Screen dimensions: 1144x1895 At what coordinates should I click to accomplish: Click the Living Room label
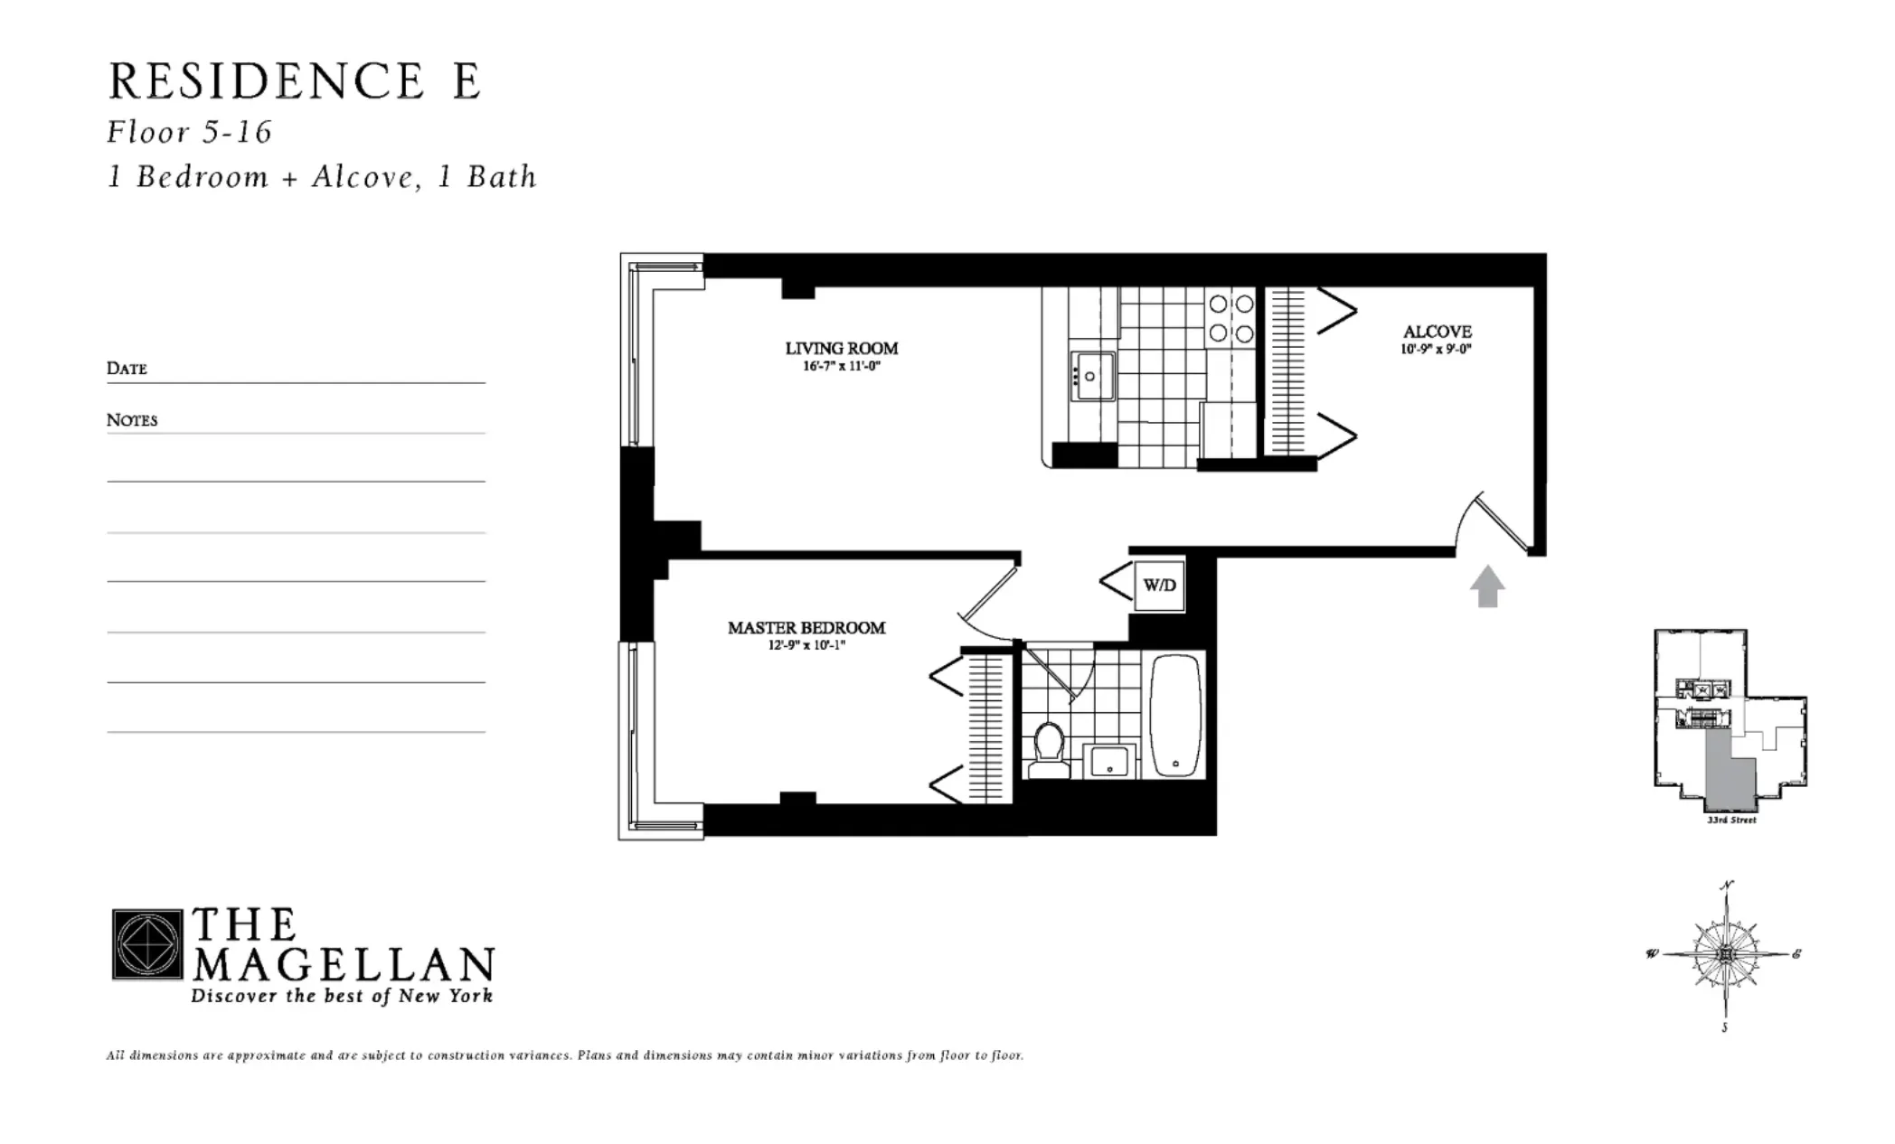click(841, 349)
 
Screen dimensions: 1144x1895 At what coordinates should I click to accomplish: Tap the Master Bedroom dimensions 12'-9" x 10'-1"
click(800, 645)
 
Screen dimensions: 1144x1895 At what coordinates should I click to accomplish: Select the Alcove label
click(1437, 332)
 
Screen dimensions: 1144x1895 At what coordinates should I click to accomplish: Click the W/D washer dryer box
click(1159, 585)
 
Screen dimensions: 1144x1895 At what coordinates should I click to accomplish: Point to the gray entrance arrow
click(1486, 586)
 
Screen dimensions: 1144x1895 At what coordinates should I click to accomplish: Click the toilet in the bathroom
click(1049, 752)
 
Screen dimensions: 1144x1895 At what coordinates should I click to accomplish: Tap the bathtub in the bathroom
click(1175, 715)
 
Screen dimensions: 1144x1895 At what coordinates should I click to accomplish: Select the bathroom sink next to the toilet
click(1108, 761)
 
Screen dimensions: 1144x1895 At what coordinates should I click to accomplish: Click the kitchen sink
click(1092, 376)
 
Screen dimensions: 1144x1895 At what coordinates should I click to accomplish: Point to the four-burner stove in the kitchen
click(1231, 319)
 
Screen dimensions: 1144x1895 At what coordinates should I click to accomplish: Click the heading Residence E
click(294, 81)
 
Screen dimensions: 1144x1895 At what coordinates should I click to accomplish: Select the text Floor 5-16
click(189, 133)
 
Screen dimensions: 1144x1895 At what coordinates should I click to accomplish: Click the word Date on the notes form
click(127, 368)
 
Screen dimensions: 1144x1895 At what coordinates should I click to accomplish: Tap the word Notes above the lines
click(132, 420)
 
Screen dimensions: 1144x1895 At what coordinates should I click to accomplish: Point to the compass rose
click(1725, 954)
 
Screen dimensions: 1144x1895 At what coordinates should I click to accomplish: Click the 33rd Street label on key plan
click(1730, 820)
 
